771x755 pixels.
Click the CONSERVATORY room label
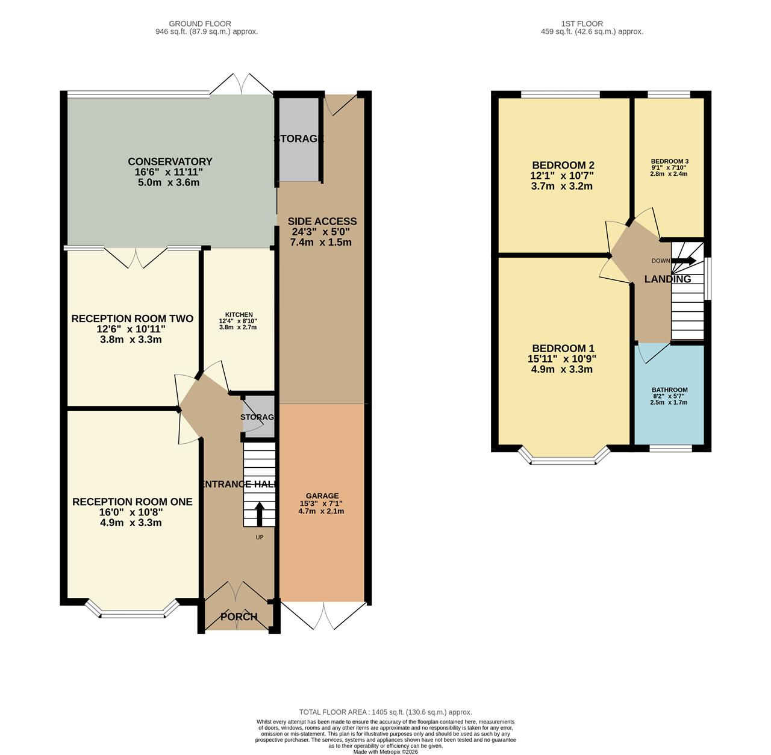point(170,161)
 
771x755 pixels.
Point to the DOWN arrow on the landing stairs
point(684,261)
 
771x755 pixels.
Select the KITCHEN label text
point(239,315)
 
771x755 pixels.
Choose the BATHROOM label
point(669,390)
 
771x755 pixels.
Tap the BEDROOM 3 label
point(669,161)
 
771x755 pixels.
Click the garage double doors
point(323,614)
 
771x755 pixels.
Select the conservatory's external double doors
point(241,84)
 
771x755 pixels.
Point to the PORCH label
point(239,617)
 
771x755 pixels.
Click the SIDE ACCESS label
point(322,222)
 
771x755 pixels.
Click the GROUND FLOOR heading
point(207,24)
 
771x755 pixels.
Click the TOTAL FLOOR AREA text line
point(385,712)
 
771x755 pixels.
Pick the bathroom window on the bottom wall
point(670,448)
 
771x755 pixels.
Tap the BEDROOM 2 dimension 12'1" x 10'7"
point(562,176)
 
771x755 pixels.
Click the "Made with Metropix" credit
point(385,751)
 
